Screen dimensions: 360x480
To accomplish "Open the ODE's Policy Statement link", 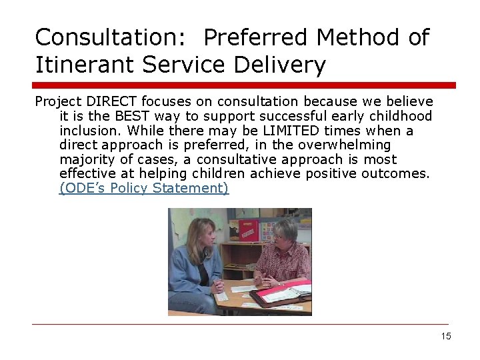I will coord(144,188).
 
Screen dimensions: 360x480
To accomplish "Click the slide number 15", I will coord(446,336).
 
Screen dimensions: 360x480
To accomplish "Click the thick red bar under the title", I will coord(244,85).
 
